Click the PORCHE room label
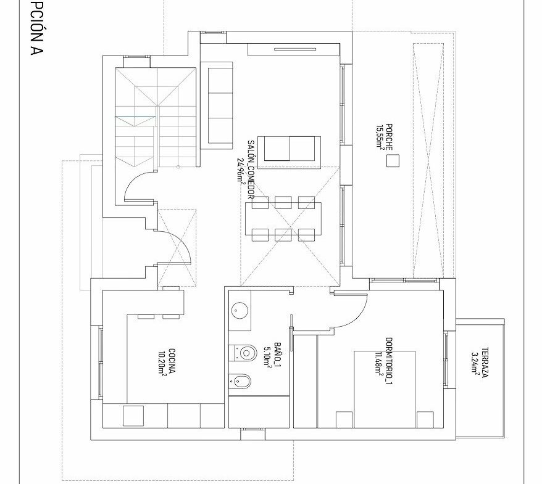coord(390,137)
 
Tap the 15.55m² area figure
coord(381,137)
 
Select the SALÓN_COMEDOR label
coord(251,170)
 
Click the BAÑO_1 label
coord(277,355)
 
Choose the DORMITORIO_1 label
coord(389,361)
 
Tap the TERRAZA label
coord(485,363)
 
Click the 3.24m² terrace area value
coord(475,363)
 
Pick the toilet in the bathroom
coord(243,353)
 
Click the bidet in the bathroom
coord(241,382)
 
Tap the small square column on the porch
coord(393,161)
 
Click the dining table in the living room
coord(283,219)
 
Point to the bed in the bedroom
coord(385,390)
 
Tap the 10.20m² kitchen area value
coord(162,363)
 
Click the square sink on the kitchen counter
coord(133,416)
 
